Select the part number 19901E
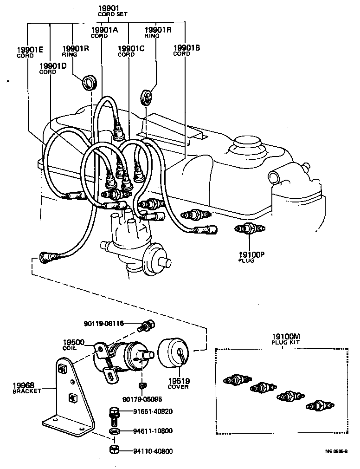point(30,52)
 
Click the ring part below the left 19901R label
point(89,83)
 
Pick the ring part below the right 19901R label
point(147,98)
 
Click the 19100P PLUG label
point(251,257)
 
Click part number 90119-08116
point(103,324)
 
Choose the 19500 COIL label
point(74,345)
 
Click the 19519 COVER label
point(179,384)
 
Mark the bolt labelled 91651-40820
point(114,412)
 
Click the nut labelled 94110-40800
point(113,449)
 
